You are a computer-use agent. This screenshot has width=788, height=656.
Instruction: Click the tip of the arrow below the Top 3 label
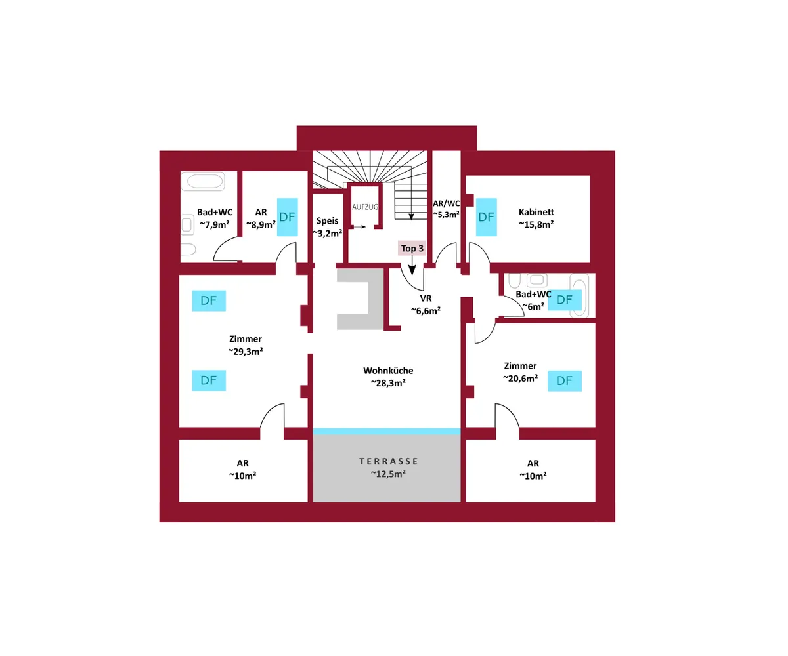[412, 275]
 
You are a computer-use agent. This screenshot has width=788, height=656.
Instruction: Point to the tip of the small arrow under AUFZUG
[366, 227]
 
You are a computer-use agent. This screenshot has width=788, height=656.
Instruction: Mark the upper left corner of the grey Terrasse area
[313, 435]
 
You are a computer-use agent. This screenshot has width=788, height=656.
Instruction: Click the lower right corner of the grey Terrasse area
[460, 502]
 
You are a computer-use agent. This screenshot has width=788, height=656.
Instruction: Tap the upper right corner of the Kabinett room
[590, 176]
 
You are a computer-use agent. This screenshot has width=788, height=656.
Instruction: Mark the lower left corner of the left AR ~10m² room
[179, 502]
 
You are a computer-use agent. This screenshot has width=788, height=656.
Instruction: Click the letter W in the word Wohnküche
[368, 371]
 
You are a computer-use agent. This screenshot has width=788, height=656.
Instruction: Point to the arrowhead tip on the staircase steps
[411, 220]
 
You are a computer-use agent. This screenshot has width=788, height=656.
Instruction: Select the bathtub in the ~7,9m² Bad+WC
[204, 182]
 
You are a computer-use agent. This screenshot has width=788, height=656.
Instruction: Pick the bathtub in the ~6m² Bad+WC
[579, 295]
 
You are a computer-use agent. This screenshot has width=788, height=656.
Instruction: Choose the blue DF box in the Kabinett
[486, 217]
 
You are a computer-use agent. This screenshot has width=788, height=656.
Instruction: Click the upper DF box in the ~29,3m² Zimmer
[209, 300]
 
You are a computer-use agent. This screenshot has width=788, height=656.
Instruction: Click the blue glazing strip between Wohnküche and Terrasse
[387, 432]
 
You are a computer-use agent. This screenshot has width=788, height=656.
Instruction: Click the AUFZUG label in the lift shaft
[365, 207]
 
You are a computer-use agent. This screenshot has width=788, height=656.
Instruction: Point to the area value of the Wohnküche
[388, 383]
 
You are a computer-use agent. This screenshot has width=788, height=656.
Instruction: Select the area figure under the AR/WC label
[446, 215]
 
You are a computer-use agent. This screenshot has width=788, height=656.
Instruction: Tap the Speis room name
[327, 221]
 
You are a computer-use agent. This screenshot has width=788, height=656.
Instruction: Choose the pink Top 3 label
[412, 248]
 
